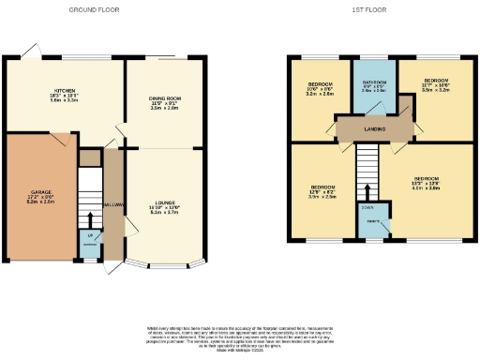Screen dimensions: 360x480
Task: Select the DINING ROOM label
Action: pyautogui.click(x=163, y=104)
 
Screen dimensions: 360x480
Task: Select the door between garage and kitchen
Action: pyautogui.click(x=62, y=139)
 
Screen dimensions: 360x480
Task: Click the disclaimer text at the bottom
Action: pyautogui.click(x=239, y=337)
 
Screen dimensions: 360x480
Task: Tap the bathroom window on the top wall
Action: pyautogui.click(x=374, y=59)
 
